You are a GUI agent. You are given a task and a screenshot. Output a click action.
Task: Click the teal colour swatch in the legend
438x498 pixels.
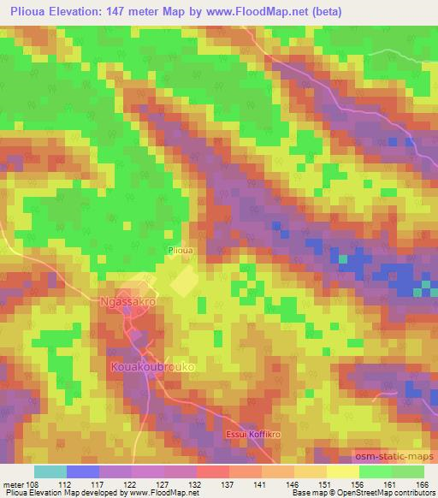pyautogui.click(x=51, y=471)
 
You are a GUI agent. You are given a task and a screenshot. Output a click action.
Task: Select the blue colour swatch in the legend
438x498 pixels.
pyautogui.click(x=83, y=471)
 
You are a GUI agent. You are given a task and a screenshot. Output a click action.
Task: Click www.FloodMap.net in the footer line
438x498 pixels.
pyautogui.click(x=163, y=493)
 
